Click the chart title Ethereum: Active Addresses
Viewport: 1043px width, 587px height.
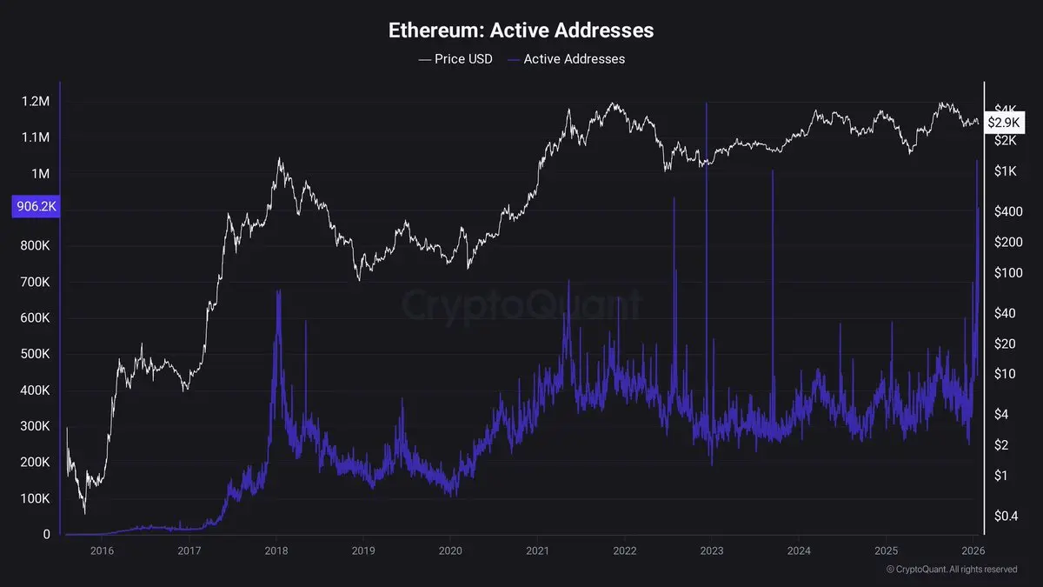521,30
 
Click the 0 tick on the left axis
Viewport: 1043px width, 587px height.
46,535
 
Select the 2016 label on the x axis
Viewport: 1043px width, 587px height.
102,550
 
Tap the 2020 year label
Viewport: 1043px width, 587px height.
450,550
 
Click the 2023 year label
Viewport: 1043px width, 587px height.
712,550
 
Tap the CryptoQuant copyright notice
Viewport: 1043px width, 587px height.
951,569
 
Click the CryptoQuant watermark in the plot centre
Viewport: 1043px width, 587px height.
521,305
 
